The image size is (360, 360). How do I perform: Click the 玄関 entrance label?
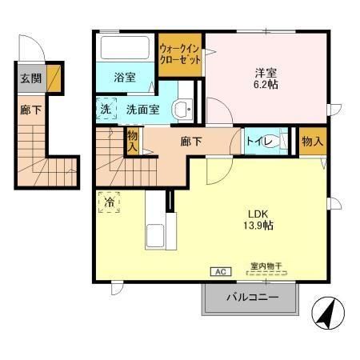click(x=30, y=78)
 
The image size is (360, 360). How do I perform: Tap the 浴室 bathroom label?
click(x=124, y=78)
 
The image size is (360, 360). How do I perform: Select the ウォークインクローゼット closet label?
click(x=179, y=54)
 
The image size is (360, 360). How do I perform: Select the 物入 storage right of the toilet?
click(x=312, y=142)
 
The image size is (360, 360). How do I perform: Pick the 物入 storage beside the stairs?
click(x=133, y=142)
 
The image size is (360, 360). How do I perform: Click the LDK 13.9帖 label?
click(x=256, y=218)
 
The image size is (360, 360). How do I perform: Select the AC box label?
click(x=219, y=272)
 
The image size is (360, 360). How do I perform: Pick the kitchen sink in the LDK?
click(x=154, y=236)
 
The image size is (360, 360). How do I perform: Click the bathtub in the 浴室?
click(x=126, y=46)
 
